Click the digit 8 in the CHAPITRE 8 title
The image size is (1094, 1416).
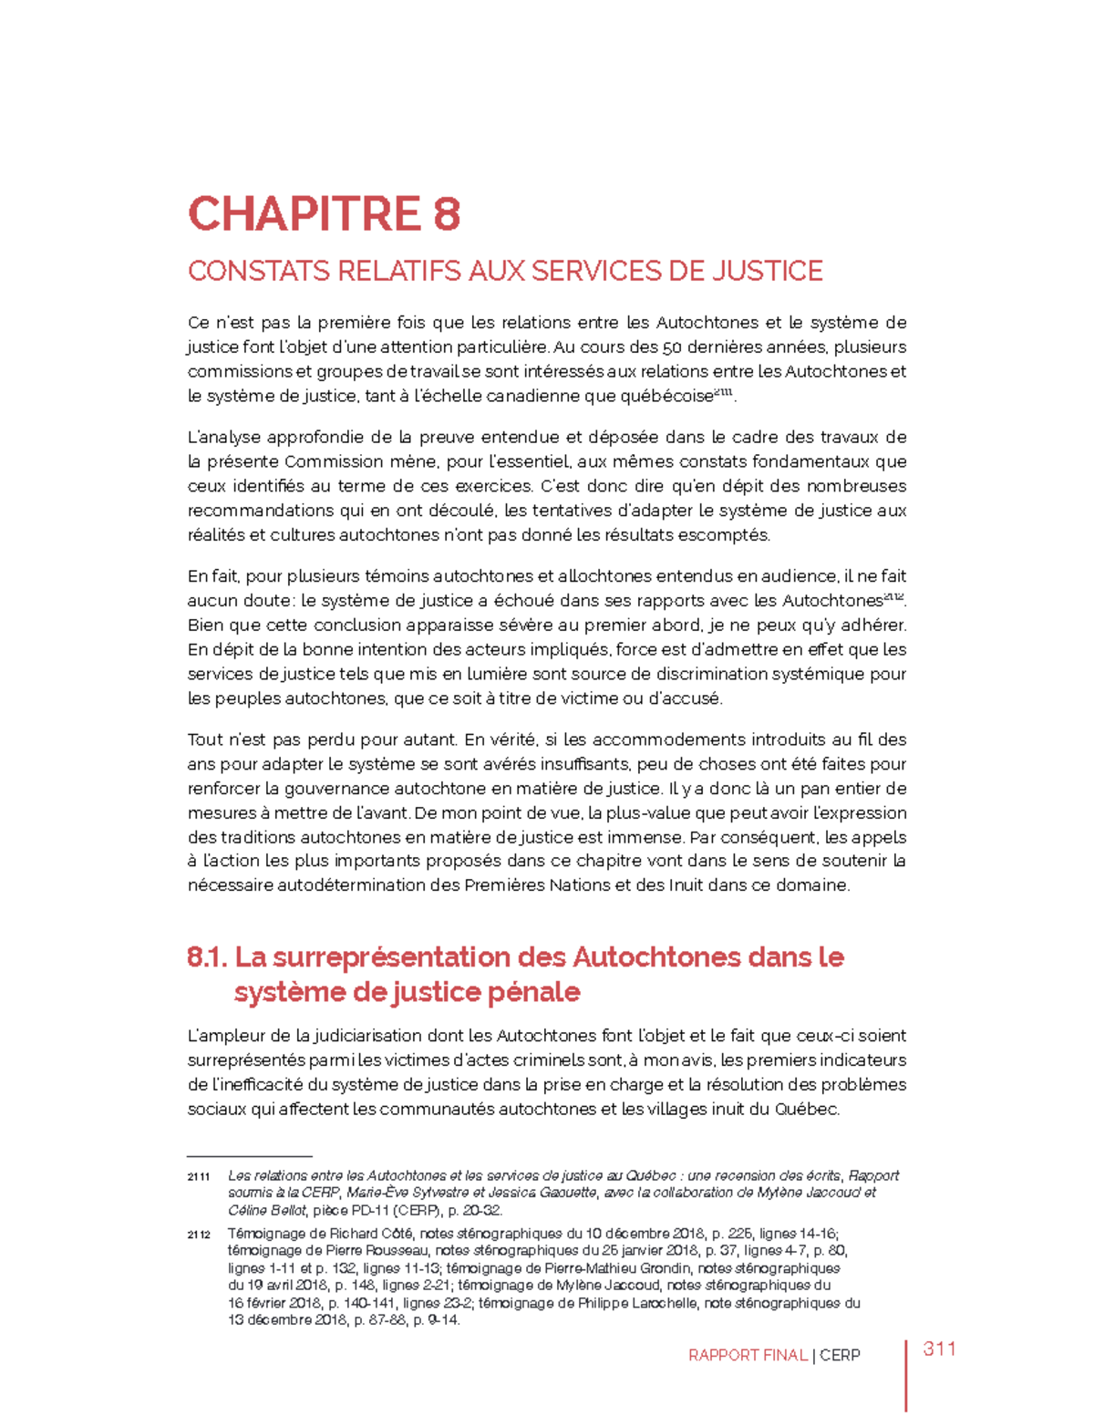pyautogui.click(x=446, y=215)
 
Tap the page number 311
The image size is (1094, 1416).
pyautogui.click(x=939, y=1349)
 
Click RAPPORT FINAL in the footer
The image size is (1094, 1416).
pyautogui.click(x=748, y=1356)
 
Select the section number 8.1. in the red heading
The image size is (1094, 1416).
pyautogui.click(x=207, y=957)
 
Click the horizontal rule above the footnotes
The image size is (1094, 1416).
pyautogui.click(x=249, y=1155)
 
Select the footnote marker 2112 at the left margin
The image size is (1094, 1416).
pyautogui.click(x=199, y=1235)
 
